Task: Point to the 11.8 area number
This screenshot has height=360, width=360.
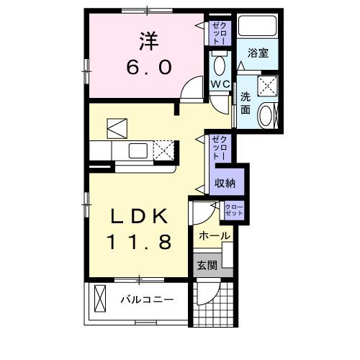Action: click(140, 242)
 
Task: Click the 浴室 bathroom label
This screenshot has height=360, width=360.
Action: click(258, 53)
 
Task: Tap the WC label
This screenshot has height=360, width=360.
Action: click(220, 84)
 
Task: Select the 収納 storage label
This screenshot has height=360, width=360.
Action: click(225, 183)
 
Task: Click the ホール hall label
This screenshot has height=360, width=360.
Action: click(214, 235)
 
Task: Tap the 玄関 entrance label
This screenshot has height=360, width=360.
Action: click(206, 264)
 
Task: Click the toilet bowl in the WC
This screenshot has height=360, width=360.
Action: click(220, 66)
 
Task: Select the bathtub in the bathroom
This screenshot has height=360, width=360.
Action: click(258, 26)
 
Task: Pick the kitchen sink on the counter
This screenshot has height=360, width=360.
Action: click(138, 150)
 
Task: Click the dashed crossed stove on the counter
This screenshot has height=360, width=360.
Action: click(165, 150)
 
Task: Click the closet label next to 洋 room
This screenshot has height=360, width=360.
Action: click(220, 33)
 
